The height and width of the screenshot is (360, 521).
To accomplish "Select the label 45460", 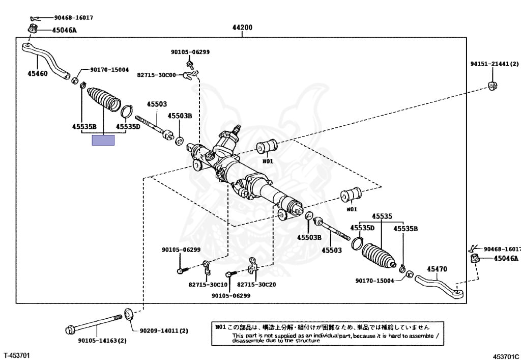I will click(x=37, y=73).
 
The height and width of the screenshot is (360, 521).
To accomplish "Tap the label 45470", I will click(x=437, y=269).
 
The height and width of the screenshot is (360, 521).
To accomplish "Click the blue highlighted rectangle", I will click(x=103, y=140).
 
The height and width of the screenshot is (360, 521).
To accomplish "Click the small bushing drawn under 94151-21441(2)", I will click(x=492, y=85).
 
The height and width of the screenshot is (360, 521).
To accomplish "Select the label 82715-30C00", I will click(x=156, y=75).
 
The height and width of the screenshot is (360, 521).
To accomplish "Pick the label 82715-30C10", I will click(x=208, y=285).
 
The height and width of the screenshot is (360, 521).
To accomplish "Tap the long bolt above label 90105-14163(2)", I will click(x=94, y=323).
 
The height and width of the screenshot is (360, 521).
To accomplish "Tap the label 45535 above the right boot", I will click(x=382, y=216).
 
